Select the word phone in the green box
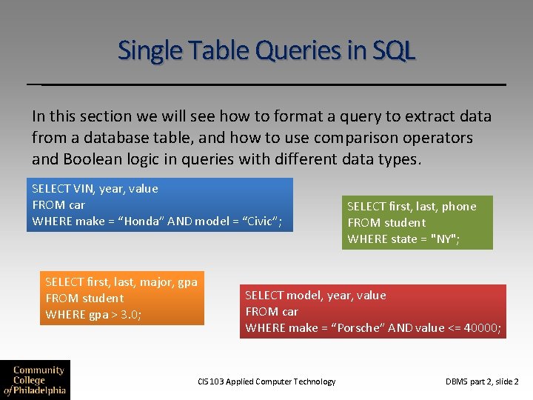[459, 207]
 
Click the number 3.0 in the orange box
[129, 314]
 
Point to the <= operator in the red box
[455, 327]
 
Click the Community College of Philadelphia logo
[35, 379]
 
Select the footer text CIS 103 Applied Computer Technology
[266, 381]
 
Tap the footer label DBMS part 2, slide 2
[482, 381]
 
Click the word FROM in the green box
[364, 222]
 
